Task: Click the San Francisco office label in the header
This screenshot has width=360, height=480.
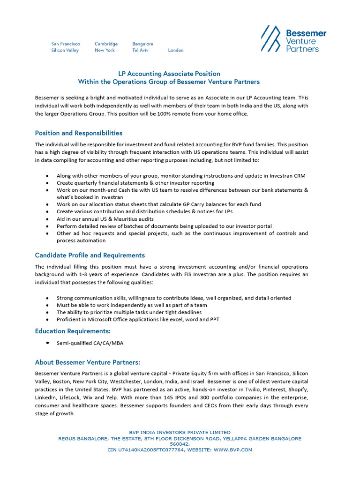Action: coord(66,44)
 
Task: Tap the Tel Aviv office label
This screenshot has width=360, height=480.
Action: coord(140,50)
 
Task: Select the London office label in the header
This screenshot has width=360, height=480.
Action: coord(176,50)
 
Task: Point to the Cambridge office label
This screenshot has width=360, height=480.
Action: coord(106,44)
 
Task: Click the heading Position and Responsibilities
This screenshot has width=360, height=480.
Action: coord(79,133)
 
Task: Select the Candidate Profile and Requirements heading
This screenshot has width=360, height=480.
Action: coord(90,255)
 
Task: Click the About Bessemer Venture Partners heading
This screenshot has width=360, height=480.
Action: coord(88,362)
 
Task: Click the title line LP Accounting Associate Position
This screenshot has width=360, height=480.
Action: coord(168,74)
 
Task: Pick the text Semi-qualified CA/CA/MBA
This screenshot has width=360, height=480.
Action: coord(90,343)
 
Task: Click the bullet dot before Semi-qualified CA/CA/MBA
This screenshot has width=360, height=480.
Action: coord(48,343)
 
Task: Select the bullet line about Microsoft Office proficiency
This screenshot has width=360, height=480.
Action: coord(138,320)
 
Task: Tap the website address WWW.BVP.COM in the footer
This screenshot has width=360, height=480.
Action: coord(232,450)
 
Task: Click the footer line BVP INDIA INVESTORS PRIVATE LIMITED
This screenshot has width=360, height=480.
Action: coord(180,432)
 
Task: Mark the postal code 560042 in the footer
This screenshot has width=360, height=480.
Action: coord(180,444)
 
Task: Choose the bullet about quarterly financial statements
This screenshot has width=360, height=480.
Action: coord(135,183)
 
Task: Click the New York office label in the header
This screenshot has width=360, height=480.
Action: coord(105,50)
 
